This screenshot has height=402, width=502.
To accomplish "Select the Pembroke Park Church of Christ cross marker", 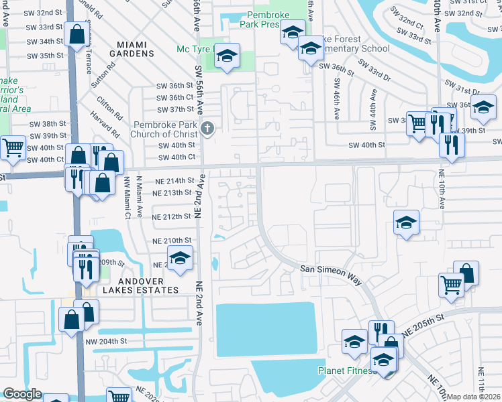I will click(208, 129).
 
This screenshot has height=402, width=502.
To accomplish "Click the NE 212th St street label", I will click(172, 217).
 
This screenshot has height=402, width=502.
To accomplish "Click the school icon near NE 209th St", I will click(179, 258).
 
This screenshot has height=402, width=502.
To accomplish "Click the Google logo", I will click(22, 394).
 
